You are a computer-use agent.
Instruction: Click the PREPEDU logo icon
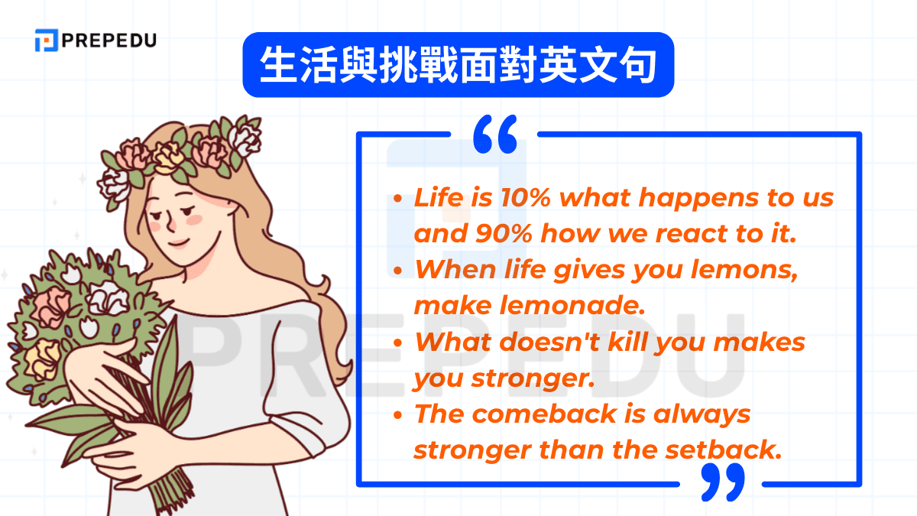point(46,40)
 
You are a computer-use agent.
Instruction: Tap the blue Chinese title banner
point(458,64)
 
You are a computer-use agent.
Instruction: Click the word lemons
point(749,270)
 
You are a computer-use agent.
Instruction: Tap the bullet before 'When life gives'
point(398,271)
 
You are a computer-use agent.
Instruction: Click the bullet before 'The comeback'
point(398,415)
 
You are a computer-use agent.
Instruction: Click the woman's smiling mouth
point(180,242)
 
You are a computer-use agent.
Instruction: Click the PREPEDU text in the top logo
point(110,40)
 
